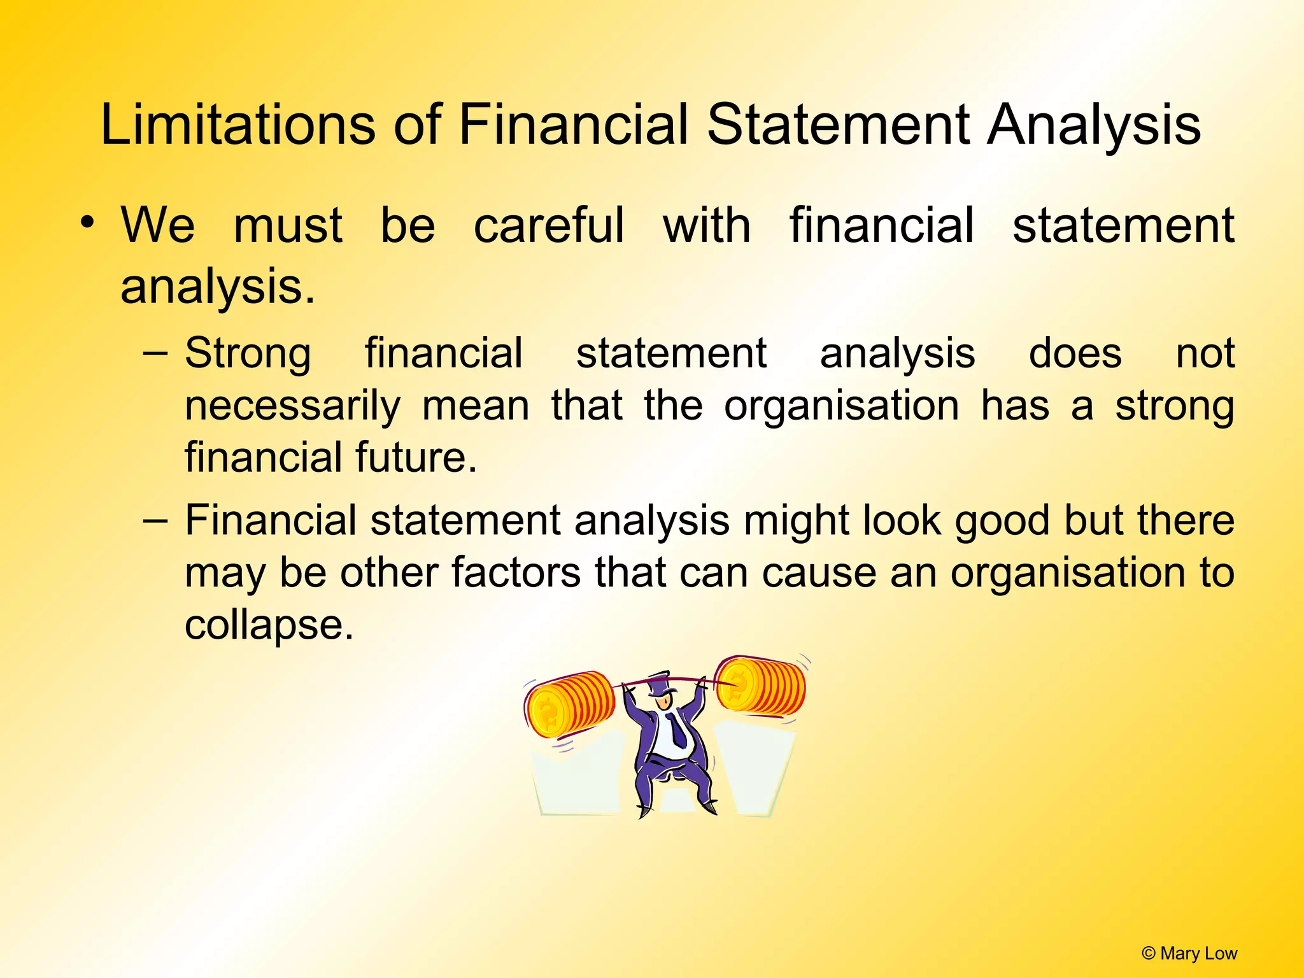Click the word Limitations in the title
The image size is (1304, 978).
click(x=237, y=124)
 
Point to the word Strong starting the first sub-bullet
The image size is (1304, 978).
click(x=248, y=353)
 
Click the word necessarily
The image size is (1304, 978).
click(x=292, y=406)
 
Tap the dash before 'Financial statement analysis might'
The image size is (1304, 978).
click(x=156, y=521)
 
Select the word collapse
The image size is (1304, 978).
click(x=268, y=625)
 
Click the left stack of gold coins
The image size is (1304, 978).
click(x=569, y=704)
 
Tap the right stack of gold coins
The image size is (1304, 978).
click(x=760, y=686)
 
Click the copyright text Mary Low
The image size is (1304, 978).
click(x=1189, y=953)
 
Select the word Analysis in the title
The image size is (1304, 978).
click(x=1093, y=124)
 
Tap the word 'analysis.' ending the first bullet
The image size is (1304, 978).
click(x=218, y=287)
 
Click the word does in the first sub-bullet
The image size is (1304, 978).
click(x=1075, y=353)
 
